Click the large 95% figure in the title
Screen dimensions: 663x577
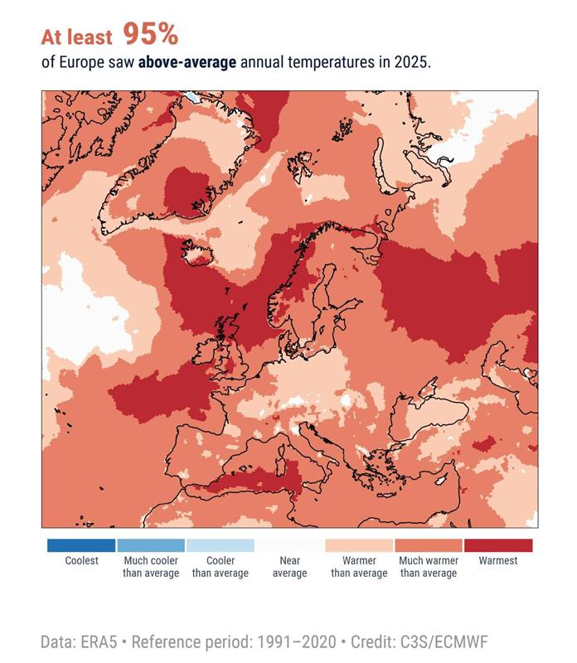click(150, 34)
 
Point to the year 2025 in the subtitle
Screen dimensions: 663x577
click(412, 63)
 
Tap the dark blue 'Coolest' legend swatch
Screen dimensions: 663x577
click(81, 545)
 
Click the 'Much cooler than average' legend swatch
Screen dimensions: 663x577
click(151, 545)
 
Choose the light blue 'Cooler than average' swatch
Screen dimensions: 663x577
click(221, 545)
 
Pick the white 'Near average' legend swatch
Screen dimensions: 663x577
click(289, 545)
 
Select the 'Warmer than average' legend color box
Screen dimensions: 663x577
click(359, 545)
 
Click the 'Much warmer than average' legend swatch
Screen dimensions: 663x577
click(429, 545)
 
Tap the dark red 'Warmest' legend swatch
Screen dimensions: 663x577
click(498, 545)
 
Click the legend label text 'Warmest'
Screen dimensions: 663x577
click(498, 561)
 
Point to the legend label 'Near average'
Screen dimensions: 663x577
click(289, 567)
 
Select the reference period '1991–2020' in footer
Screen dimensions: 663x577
click(297, 642)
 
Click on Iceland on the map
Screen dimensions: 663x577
click(200, 251)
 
